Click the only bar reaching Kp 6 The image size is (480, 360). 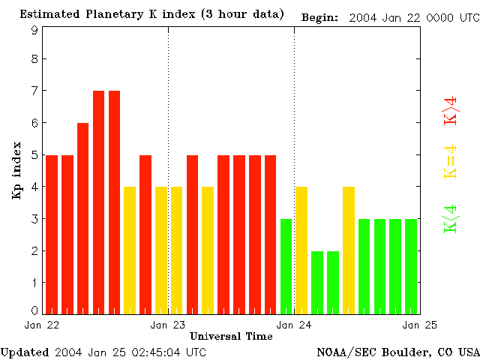(82, 217)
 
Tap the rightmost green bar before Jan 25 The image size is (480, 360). (411, 266)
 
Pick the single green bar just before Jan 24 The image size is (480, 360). (286, 266)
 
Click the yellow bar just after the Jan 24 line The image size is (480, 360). (301, 250)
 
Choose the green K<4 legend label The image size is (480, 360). (451, 218)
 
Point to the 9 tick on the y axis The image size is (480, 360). (34, 30)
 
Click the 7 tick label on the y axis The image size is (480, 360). (34, 91)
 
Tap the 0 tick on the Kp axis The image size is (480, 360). (34, 310)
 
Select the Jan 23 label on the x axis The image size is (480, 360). (168, 325)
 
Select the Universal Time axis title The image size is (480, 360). (231, 336)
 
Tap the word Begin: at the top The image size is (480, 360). (320, 17)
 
